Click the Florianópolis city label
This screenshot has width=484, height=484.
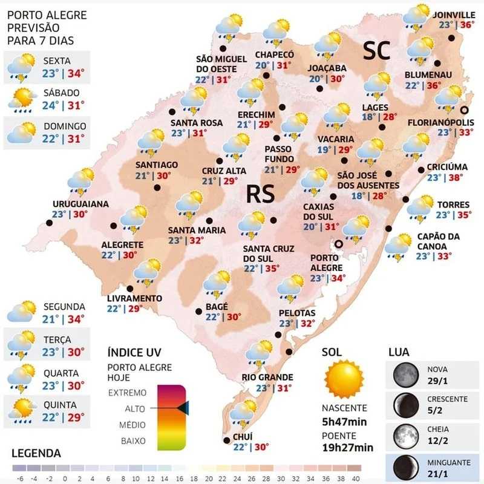pos(440,123)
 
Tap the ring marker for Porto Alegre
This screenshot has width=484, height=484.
pos(339,244)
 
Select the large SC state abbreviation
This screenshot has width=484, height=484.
pos(376,50)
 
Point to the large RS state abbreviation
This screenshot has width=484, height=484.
pos(260,194)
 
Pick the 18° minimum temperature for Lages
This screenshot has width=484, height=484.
pos(368,117)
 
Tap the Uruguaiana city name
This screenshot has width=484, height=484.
pos(80,204)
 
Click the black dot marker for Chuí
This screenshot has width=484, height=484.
pos(226,440)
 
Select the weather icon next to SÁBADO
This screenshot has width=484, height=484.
pos(22,100)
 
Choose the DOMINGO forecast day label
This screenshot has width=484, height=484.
pos(65,126)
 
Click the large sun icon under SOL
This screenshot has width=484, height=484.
pos(344,379)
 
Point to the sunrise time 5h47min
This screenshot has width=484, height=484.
pos(344,422)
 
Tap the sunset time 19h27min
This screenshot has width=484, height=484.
pos(347,447)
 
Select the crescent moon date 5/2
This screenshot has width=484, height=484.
pos(434,411)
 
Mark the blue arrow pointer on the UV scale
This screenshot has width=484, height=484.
pos(183,408)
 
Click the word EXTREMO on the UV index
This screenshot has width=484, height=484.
pos(127,393)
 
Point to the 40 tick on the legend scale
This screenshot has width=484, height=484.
pos(356,479)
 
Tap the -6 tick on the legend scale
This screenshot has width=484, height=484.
pos(21,479)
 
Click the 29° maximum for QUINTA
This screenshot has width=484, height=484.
pos(76,417)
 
